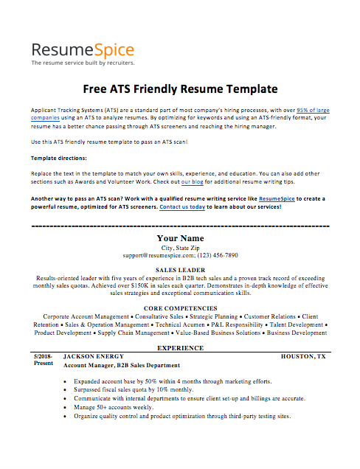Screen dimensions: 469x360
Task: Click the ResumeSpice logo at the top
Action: (83, 50)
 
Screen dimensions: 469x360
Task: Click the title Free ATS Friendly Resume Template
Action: (180, 89)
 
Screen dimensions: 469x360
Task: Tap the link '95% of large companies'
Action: (313, 109)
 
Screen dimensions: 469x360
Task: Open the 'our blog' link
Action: (193, 181)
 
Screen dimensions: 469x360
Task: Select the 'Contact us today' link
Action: (184, 207)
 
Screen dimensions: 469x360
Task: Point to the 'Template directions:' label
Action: (59, 159)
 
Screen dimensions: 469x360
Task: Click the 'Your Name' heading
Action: (180, 238)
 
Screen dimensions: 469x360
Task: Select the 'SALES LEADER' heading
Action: (180, 271)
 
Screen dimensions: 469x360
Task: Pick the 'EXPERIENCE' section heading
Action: (180, 347)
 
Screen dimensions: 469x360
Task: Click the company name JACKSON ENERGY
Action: (94, 356)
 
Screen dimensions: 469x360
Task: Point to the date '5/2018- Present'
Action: (43, 359)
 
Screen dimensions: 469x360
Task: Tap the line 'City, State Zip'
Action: (180, 248)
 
